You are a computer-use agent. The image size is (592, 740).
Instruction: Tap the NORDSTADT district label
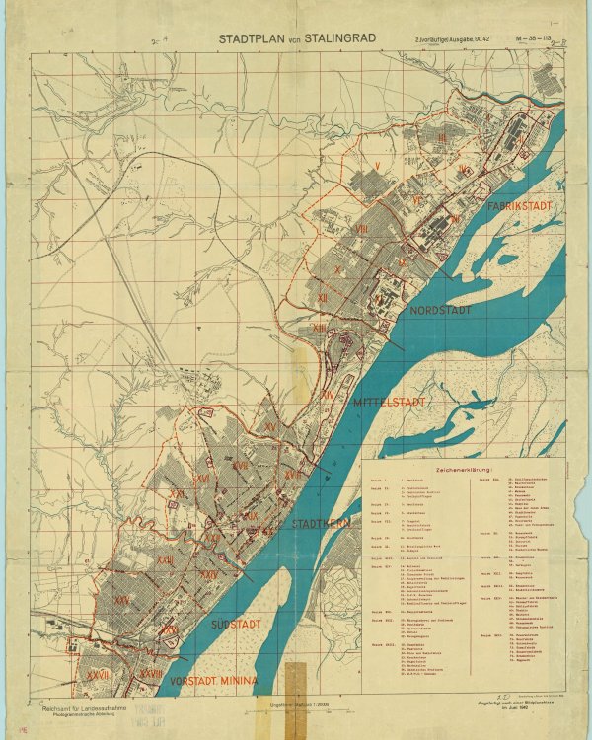[x=440, y=310]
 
